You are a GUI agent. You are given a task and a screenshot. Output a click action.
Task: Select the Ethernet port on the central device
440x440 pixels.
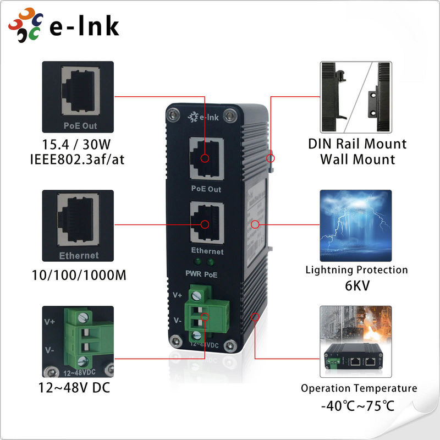point(206,223)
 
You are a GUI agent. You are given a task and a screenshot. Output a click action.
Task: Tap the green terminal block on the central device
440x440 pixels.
point(204,316)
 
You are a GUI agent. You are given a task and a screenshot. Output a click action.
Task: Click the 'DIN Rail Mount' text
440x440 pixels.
point(357,144)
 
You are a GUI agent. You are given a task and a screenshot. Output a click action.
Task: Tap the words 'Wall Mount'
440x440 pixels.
point(358,160)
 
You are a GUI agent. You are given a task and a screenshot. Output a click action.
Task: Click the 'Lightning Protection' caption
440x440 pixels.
point(357,270)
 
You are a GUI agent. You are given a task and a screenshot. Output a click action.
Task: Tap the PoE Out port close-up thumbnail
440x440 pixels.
point(78,96)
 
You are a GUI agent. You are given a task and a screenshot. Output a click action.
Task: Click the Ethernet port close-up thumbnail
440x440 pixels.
point(78,226)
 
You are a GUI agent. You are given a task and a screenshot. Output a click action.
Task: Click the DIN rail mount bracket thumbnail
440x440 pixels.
point(356,96)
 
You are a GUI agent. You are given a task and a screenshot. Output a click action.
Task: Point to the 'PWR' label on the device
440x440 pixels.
point(193,273)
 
